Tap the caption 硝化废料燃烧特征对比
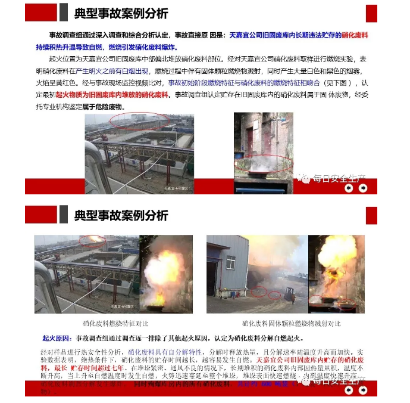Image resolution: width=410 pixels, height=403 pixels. [x=113, y=324]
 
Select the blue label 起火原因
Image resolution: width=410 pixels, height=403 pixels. [x=54, y=338]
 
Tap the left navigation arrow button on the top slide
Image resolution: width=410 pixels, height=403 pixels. [x=349, y=188]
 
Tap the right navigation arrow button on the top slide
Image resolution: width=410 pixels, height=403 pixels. [x=362, y=188]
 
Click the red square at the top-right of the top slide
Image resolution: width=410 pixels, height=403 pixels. [x=371, y=13]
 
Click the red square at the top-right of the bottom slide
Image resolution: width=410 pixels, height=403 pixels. [x=371, y=215]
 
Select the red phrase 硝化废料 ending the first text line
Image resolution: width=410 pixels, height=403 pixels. [x=361, y=36]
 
